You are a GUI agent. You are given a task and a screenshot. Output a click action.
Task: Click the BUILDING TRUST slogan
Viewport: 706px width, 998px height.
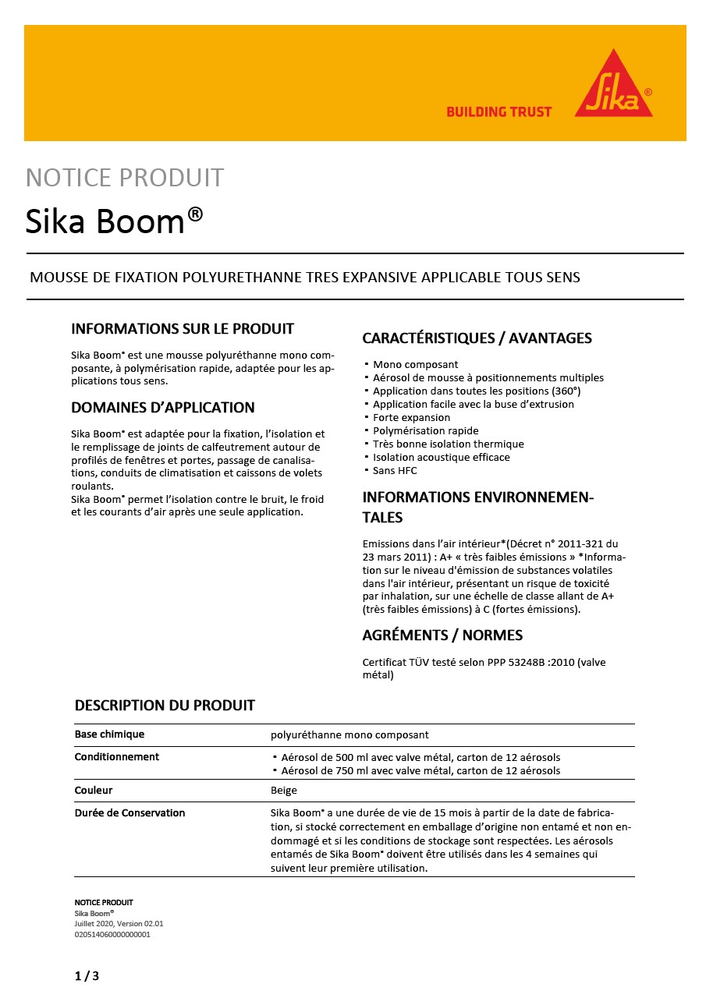pos(498,111)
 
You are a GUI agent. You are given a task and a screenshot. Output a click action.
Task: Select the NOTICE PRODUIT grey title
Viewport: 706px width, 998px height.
pos(125,178)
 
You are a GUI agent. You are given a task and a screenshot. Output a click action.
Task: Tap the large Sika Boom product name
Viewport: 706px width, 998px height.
pos(115,221)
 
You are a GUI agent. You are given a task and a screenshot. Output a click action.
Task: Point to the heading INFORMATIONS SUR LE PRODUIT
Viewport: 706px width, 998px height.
pos(183,328)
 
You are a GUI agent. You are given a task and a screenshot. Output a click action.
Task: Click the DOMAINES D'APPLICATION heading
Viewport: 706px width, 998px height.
pos(163,408)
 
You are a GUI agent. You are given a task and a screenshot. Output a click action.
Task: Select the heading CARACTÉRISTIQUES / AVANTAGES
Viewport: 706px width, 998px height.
pos(477,338)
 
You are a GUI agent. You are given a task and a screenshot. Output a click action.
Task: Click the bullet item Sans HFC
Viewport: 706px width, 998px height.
pos(395,471)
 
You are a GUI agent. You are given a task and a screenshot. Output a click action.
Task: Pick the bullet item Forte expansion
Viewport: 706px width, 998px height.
pos(411,418)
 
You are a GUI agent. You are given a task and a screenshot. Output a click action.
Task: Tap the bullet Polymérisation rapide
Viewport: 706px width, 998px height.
pos(425,431)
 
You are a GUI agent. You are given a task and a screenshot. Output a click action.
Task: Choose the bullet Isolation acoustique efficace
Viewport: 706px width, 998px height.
pos(441,458)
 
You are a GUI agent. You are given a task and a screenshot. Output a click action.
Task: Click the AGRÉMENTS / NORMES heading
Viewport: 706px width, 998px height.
pos(442,635)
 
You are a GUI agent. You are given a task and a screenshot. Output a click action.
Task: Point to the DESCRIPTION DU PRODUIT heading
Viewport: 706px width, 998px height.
pos(165,706)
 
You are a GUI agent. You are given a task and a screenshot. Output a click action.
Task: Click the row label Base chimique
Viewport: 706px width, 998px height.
pos(109,734)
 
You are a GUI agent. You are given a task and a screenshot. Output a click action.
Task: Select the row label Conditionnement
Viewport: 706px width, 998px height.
pos(117,757)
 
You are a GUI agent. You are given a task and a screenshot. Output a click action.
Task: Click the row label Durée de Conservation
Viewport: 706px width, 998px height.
pos(129,813)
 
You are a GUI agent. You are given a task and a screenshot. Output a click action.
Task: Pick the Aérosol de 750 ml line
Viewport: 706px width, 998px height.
pos(420,771)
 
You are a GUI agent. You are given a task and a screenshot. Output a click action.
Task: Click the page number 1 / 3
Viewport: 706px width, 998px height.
pos(87,976)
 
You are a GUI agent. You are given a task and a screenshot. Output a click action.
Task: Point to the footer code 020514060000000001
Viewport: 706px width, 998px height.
pos(112,934)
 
